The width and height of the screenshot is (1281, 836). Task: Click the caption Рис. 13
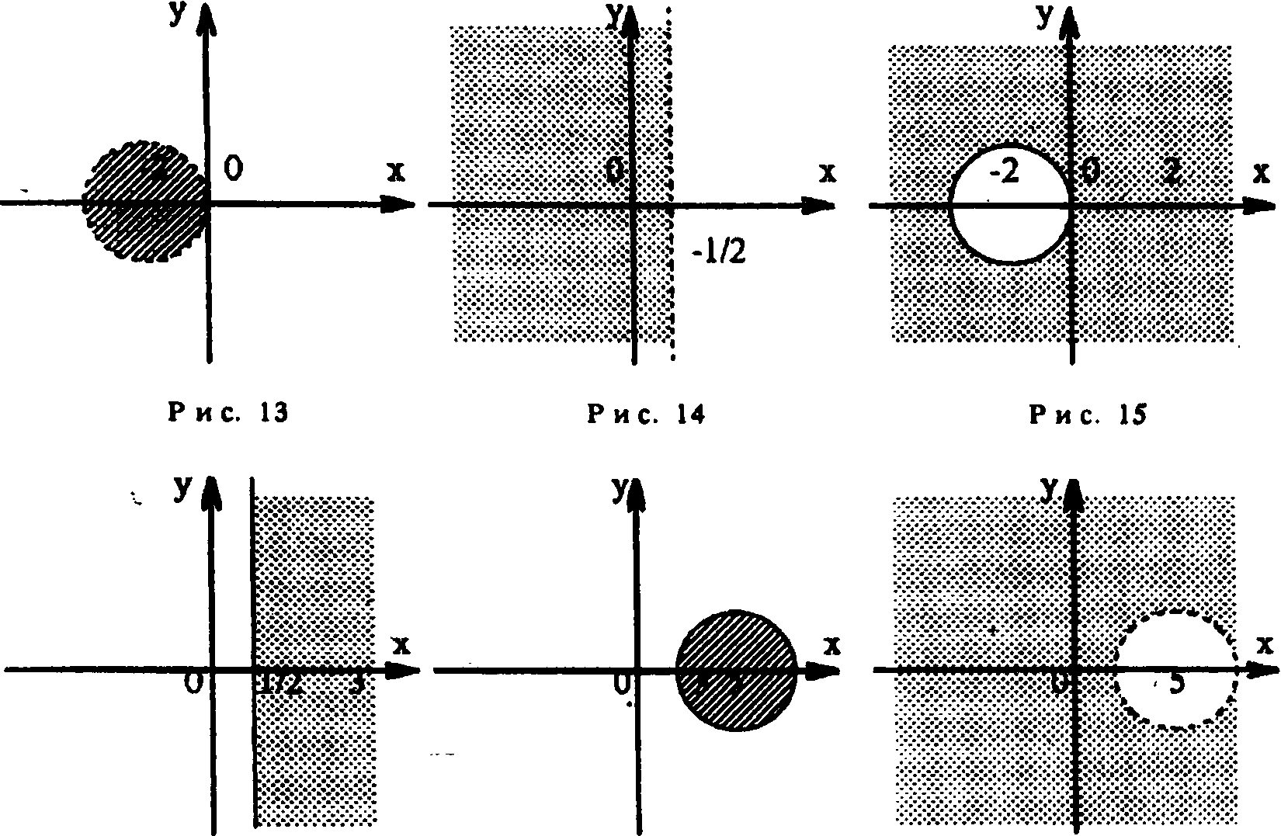click(x=227, y=413)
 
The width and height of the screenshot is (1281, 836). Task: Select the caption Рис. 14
click(x=646, y=415)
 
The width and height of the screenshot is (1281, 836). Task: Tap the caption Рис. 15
click(x=1088, y=415)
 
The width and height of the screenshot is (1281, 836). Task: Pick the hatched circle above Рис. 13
click(x=145, y=203)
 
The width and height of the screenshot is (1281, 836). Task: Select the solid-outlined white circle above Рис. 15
click(x=1009, y=205)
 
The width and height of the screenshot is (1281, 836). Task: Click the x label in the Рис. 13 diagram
click(x=396, y=172)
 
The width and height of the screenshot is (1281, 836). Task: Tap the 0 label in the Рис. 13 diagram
click(x=231, y=168)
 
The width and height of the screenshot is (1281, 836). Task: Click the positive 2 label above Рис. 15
click(x=1173, y=175)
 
